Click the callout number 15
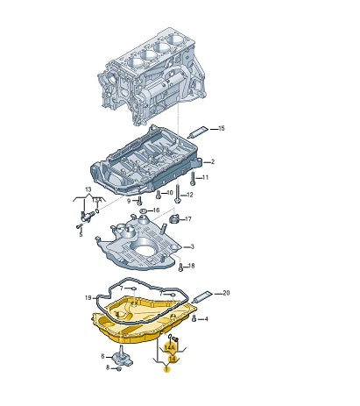point(221,129)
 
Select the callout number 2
point(212,162)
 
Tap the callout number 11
point(205,178)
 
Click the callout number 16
point(156,210)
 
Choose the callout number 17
point(187,218)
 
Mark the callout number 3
point(194,247)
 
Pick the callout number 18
point(192,266)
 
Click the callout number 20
point(226,292)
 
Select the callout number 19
point(88,298)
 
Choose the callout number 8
point(108,368)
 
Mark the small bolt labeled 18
point(180,265)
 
